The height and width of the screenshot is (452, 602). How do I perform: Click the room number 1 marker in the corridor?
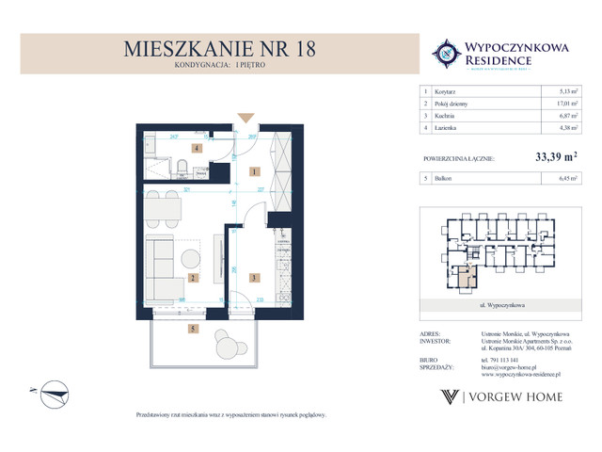click(x=255, y=172)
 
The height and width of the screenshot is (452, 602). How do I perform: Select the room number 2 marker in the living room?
click(x=192, y=279)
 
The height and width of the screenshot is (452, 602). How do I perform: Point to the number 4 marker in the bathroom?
click(x=197, y=149)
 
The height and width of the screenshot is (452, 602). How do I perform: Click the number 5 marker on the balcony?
click(x=192, y=330)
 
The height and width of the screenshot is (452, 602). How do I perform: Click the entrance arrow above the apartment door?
click(x=246, y=118)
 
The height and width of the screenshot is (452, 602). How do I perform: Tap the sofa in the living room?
click(x=159, y=267)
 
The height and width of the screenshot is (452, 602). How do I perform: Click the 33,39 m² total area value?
click(x=554, y=160)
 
